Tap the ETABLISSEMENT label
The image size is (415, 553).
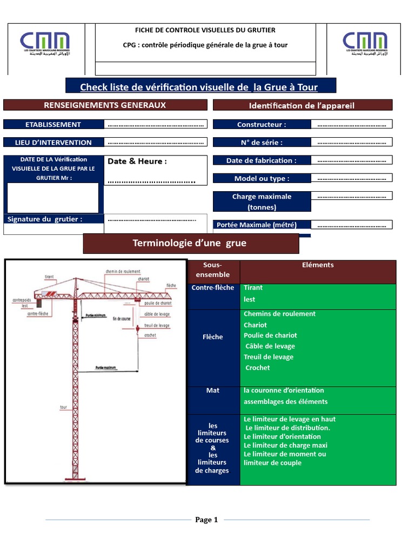53,124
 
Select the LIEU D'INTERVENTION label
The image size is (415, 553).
53,143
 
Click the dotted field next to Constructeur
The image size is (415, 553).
351,124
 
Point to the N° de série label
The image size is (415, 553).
262,143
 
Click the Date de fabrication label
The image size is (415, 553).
262,160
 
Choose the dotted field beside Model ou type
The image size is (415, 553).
351,178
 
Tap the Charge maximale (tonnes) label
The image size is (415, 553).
262,201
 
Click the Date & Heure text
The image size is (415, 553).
137,161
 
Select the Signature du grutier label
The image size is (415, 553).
45,219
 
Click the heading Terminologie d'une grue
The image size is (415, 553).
190,243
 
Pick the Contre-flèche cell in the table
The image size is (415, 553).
213,287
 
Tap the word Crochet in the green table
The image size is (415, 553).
257,368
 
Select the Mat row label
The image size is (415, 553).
213,390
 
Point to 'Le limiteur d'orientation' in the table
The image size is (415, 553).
282,436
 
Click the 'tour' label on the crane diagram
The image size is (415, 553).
63,408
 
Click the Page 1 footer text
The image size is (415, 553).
206,520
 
